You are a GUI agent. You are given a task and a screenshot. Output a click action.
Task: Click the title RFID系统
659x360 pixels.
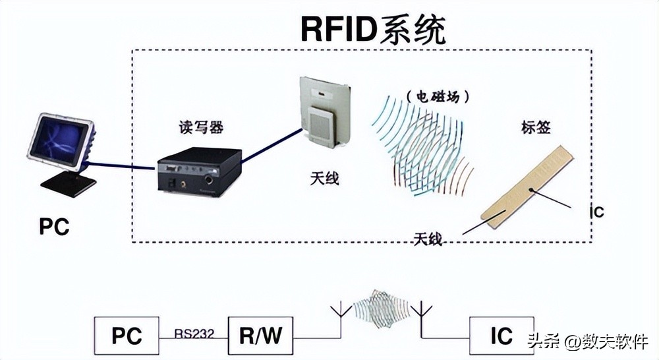coord(374,28)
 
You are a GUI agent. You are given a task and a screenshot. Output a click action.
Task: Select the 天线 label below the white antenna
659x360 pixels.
coord(324,178)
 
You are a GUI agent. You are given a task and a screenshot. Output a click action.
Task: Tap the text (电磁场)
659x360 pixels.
coord(438,96)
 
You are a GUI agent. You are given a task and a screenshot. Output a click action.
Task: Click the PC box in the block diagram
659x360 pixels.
coord(127,336)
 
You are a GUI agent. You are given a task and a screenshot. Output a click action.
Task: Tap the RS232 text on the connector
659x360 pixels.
coord(194,334)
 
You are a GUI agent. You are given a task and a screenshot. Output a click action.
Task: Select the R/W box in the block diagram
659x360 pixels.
coord(260,336)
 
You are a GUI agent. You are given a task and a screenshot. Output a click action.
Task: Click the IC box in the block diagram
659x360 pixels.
coord(501,336)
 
